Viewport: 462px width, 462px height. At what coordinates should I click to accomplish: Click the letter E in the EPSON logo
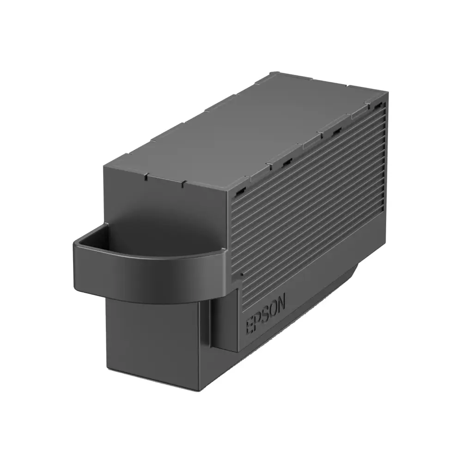click(x=249, y=327)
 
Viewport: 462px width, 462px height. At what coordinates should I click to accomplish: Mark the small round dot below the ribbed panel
click(x=241, y=274)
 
